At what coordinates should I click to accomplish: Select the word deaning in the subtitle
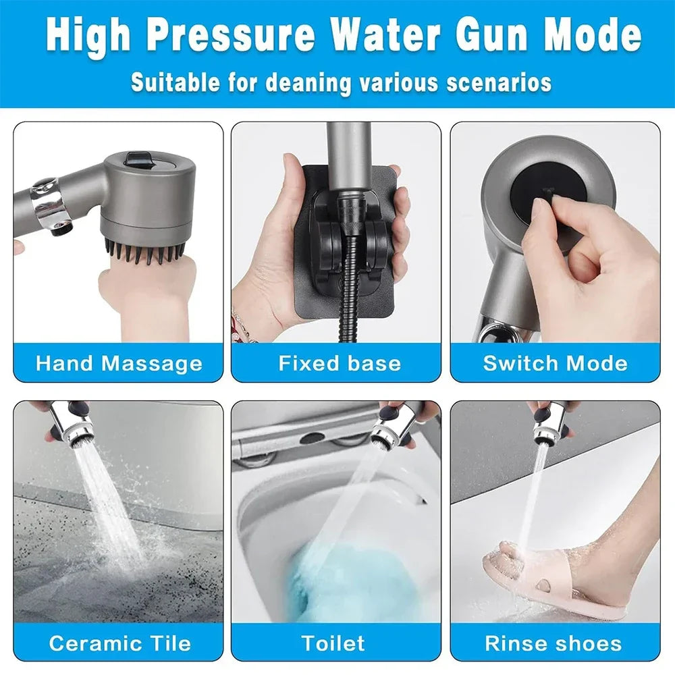pos(308,82)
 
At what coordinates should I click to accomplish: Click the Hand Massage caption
pos(119,363)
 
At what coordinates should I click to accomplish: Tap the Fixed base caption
pos(340,363)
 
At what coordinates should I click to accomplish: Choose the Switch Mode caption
pos(555,363)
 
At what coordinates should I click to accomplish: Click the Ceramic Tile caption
pos(119,643)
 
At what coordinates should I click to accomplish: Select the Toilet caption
pos(333,643)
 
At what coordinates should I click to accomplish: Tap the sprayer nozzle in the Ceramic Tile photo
pos(80,429)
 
